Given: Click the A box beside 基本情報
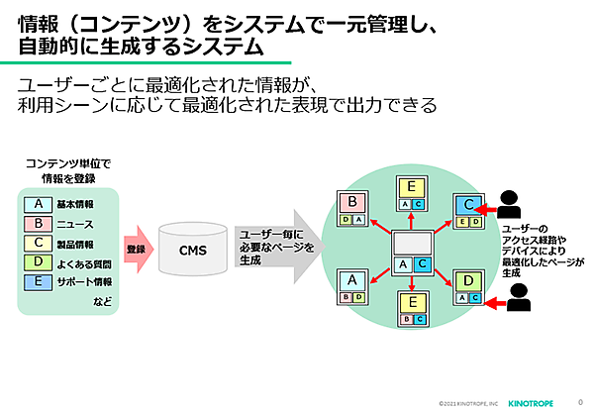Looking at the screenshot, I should pos(37,204).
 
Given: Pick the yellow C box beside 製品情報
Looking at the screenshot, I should pos(37,244).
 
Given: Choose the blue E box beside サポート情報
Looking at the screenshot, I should pos(37,282).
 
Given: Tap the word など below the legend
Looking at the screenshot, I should pos(102,300).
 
